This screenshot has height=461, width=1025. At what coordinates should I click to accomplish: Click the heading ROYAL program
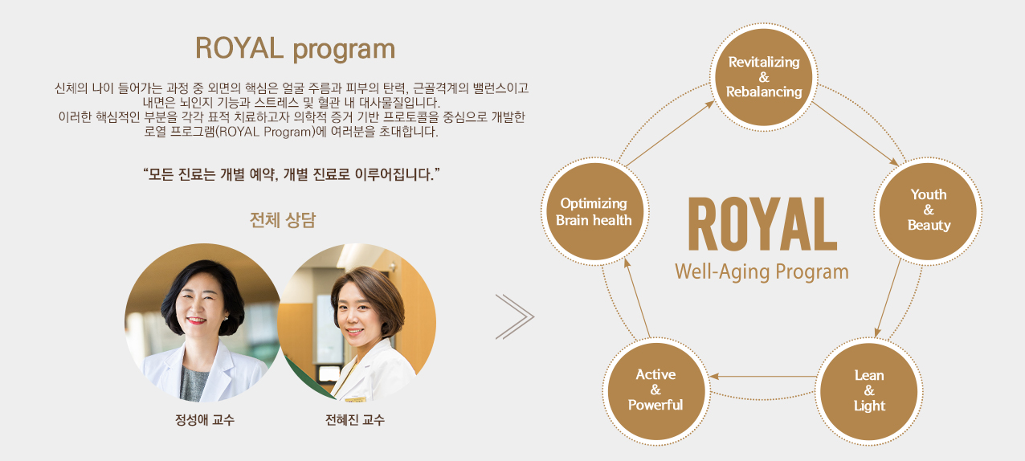[x=295, y=49]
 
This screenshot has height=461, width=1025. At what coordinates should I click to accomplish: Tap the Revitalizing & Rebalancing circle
[x=764, y=77]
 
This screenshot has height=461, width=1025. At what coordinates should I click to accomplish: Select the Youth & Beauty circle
[x=929, y=210]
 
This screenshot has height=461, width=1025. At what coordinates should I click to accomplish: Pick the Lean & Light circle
[x=869, y=390]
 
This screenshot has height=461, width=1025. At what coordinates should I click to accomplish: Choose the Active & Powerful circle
[x=655, y=390]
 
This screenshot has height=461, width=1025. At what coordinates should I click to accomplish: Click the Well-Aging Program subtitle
[x=762, y=271]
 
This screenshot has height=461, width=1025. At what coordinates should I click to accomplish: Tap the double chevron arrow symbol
[x=514, y=316]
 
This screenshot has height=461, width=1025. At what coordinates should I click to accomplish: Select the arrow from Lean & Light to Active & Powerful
[x=762, y=376]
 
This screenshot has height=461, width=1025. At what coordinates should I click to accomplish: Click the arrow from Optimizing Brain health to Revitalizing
[x=670, y=134]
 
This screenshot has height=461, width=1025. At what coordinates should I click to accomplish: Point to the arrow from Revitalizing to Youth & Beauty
[x=856, y=133]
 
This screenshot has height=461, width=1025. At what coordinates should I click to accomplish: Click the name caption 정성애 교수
[x=205, y=420]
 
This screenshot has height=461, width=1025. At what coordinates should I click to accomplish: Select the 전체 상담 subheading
[x=283, y=220]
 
